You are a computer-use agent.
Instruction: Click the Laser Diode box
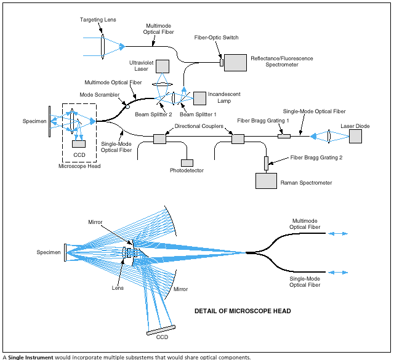tap(356, 136)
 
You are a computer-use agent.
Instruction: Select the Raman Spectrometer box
tap(266, 181)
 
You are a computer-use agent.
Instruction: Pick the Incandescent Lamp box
tap(200, 98)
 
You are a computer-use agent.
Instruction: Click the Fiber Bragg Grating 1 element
tap(284, 136)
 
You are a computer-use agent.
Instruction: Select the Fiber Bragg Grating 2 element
tap(267, 163)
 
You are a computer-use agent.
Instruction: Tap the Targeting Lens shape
tap(102, 46)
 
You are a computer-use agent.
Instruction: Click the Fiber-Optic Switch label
tap(217, 38)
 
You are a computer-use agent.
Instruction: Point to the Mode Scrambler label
tap(100, 95)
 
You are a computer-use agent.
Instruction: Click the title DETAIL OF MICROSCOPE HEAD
tap(243, 311)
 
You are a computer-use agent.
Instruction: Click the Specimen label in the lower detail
tap(49, 252)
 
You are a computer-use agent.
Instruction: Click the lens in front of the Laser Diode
tap(329, 135)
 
